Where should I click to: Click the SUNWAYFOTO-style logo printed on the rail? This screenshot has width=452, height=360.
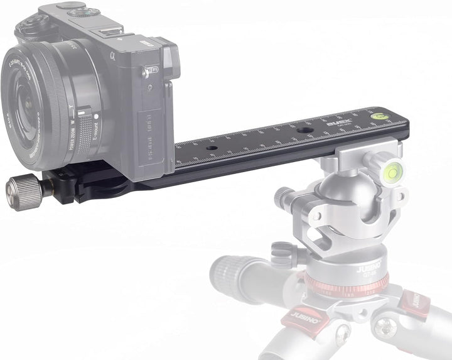tap(339, 123)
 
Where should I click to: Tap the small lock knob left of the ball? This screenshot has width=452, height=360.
tap(285, 199)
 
